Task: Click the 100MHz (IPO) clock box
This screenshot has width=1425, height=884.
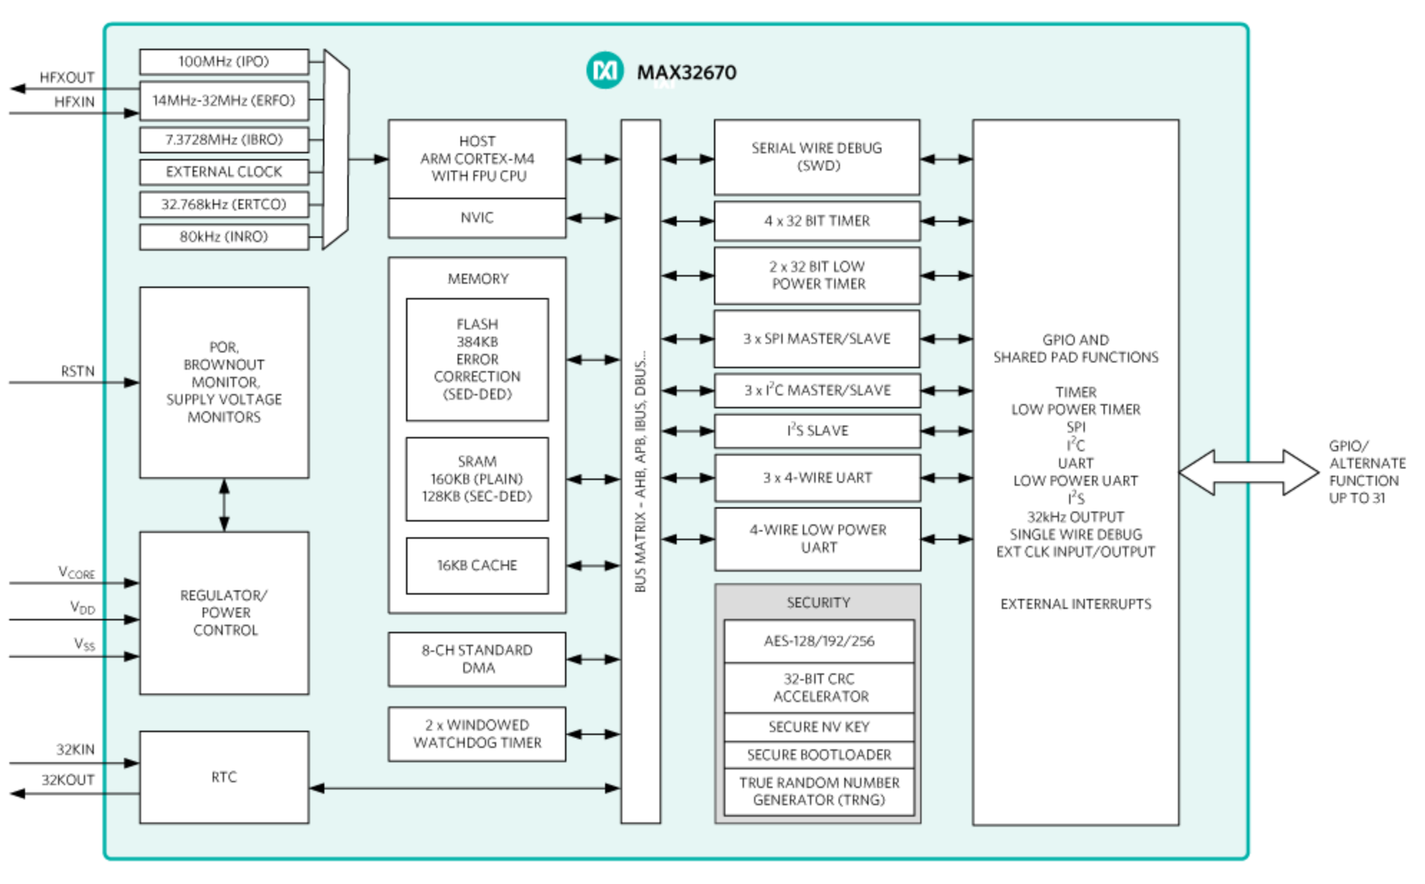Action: (224, 62)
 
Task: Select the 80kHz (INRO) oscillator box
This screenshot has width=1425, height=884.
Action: (224, 237)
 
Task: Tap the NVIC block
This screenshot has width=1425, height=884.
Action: (477, 218)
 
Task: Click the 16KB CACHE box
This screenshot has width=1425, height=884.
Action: (477, 566)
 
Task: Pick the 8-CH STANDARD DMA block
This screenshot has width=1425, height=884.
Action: (477, 659)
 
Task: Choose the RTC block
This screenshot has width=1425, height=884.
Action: (224, 777)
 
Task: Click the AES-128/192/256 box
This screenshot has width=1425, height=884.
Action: (819, 641)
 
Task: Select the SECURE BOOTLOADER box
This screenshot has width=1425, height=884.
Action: (819, 755)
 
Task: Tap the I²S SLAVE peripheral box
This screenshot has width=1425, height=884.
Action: (817, 431)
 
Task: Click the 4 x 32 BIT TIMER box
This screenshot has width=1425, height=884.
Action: (817, 221)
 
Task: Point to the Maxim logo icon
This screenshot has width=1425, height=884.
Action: (605, 71)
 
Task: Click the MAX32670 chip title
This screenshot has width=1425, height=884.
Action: (687, 72)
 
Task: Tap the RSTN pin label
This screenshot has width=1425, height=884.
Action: (77, 371)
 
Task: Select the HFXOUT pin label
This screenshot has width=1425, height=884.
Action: (67, 77)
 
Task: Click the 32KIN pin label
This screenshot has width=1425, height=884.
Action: (75, 749)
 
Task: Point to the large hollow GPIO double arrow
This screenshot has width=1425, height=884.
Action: (1249, 473)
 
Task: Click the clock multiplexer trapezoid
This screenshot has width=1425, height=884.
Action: (336, 149)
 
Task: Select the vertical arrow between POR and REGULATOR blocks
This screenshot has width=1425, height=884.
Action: (224, 505)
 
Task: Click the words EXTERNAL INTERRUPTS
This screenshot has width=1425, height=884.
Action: (1076, 605)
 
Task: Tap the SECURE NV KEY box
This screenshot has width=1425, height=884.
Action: (819, 727)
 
